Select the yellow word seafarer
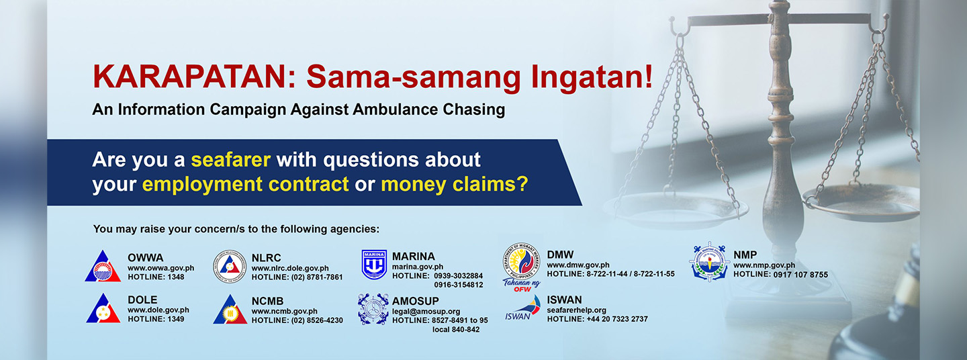[x=230, y=160]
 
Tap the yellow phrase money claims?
[x=454, y=184]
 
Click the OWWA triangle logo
[x=103, y=266]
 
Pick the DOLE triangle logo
[x=103, y=308]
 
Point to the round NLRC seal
[x=229, y=267]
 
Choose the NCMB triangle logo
[x=230, y=309]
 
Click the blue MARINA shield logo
[x=374, y=265]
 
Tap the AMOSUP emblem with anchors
[x=373, y=309]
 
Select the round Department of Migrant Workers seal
[x=522, y=261]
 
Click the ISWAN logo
[x=523, y=308]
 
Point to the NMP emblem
[x=709, y=262]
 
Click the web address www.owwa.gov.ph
[x=160, y=268]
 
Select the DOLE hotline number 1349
[x=175, y=319]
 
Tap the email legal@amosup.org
[x=426, y=311]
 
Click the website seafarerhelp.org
[x=576, y=310]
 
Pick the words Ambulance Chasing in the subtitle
[x=428, y=109]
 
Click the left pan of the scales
[x=675, y=211]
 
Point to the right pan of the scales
[x=860, y=202]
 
